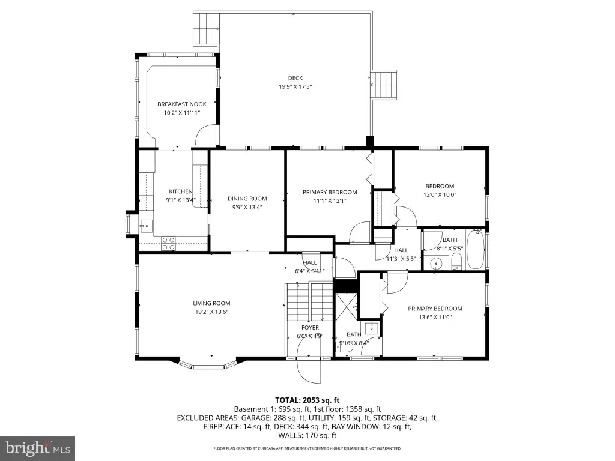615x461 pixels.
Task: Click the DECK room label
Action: pos(295,79)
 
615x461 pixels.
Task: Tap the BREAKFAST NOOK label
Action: pos(182,104)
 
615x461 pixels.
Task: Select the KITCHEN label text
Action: pos(180,191)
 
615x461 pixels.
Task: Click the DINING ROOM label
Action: pos(247,199)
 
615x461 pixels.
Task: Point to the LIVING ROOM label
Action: pos(211,303)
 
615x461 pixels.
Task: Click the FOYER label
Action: pos(311,327)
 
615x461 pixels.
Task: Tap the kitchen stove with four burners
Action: pos(169,244)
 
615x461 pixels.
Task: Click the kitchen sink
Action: pos(146,226)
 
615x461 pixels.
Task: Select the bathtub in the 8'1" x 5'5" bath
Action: pos(476,250)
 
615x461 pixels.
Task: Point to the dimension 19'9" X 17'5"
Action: pos(295,87)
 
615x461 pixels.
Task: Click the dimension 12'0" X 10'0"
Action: pos(440,194)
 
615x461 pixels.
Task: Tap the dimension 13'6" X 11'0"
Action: pos(435,317)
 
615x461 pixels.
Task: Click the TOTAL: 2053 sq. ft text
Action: pos(307,400)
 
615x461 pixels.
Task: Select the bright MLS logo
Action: pos(38,447)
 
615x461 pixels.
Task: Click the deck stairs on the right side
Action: pos(385,85)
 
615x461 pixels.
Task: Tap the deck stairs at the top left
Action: pos(206,29)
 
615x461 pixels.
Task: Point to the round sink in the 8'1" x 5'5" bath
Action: pos(436,263)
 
